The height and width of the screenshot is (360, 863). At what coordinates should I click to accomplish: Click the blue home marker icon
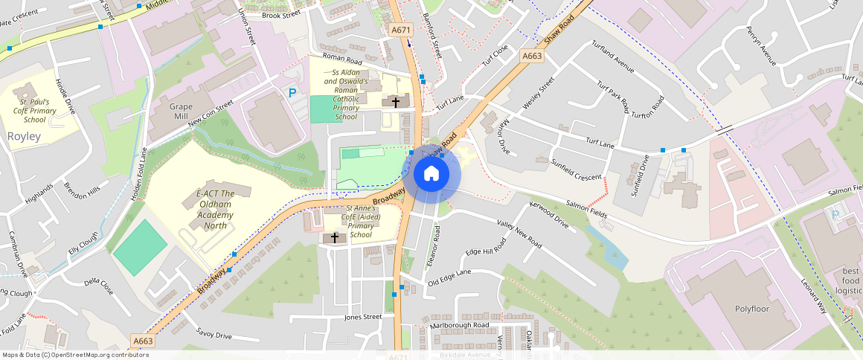[431, 174]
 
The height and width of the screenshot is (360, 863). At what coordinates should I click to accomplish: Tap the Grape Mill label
[170, 112]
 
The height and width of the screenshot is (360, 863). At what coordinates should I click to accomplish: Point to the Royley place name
[23, 137]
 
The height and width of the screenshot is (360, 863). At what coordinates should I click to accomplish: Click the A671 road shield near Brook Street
[401, 30]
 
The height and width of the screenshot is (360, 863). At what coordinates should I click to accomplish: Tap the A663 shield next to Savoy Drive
[142, 341]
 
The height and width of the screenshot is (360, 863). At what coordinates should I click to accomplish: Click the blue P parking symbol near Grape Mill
[292, 93]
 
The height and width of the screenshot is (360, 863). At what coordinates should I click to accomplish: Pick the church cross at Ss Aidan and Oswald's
[395, 101]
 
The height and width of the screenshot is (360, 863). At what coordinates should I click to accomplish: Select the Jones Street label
[363, 317]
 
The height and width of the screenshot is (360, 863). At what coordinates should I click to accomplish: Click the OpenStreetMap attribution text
[75, 355]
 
